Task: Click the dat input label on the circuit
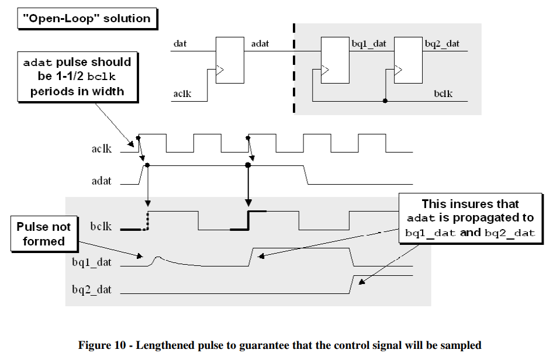pyautogui.click(x=179, y=44)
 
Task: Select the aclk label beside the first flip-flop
pyautogui.click(x=182, y=94)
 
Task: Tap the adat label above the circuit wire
pyautogui.click(x=260, y=44)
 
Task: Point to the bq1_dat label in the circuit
pyautogui.click(x=369, y=44)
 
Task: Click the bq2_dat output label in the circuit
pyautogui.click(x=442, y=44)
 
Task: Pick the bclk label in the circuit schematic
pyautogui.click(x=444, y=94)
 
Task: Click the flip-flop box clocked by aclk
pyautogui.click(x=230, y=60)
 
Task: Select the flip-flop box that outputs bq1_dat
pyautogui.click(x=335, y=60)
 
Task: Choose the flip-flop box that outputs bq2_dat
pyautogui.click(x=408, y=60)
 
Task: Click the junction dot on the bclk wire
pyautogui.click(x=385, y=101)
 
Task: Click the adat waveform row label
pyautogui.click(x=101, y=182)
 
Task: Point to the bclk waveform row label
pyautogui.click(x=101, y=225)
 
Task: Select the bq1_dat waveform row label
pyautogui.click(x=92, y=262)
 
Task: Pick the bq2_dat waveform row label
pyautogui.click(x=92, y=289)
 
